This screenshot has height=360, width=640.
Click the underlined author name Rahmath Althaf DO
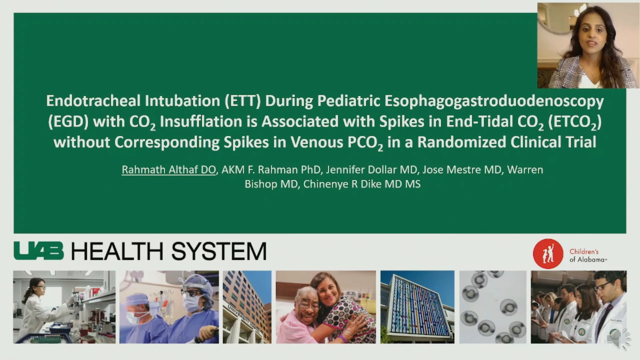coord(169,170)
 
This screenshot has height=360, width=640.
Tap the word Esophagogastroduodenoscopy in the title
coord(494,101)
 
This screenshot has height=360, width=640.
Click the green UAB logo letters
coord(39,251)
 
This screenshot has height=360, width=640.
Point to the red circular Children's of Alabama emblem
coord(548,254)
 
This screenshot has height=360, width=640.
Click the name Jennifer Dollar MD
coord(372,170)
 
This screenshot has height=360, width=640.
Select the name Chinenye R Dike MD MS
coord(362,184)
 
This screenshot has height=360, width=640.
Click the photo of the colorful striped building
coord(417,307)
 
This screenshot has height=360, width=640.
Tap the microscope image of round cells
coord(493,307)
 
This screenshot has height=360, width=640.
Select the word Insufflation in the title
coord(201,121)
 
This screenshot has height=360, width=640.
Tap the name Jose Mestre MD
coord(462,170)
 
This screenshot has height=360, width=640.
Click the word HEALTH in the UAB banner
coord(117,251)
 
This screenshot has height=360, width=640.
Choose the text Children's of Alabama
coord(588,255)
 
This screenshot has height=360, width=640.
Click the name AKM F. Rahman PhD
coord(271,170)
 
